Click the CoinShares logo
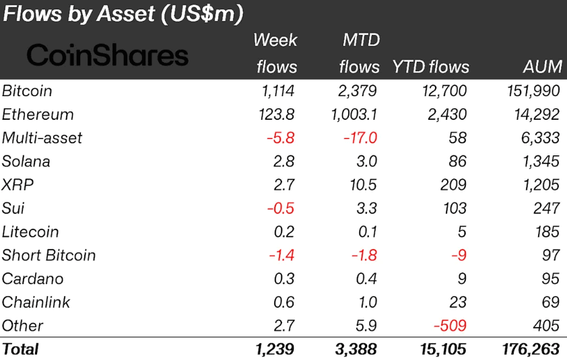point(107,55)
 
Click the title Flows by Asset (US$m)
point(123,14)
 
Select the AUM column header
point(542,67)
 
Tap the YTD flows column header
point(430,67)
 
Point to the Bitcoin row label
point(27,91)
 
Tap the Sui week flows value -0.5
point(278,209)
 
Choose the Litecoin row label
point(30,232)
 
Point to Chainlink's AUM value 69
point(549,302)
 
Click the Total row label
point(21,349)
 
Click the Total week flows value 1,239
point(275,349)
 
